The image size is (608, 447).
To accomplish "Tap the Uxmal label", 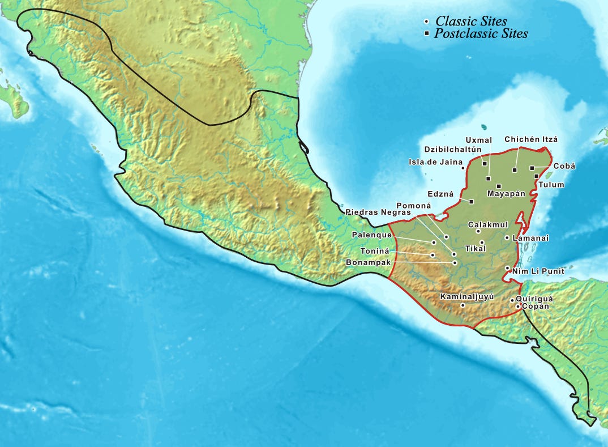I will click(x=476, y=140).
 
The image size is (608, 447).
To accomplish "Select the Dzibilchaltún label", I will click(x=452, y=150).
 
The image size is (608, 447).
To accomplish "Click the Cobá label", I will click(x=564, y=166).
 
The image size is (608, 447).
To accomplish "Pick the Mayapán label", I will click(x=507, y=194).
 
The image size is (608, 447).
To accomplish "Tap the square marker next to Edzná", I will click(x=471, y=201).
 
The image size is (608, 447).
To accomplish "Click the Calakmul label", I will click(x=488, y=225).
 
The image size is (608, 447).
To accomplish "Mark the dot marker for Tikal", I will click(x=482, y=242).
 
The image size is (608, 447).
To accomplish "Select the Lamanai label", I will click(x=530, y=239).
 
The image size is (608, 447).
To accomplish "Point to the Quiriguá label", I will click(x=534, y=298).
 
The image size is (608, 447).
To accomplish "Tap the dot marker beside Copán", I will click(x=517, y=306).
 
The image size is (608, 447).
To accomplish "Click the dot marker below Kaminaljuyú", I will click(x=463, y=305).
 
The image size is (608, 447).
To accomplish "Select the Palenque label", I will click(x=371, y=235).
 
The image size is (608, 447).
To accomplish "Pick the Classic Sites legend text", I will click(x=471, y=21).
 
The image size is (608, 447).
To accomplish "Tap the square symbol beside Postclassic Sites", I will click(x=426, y=34).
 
